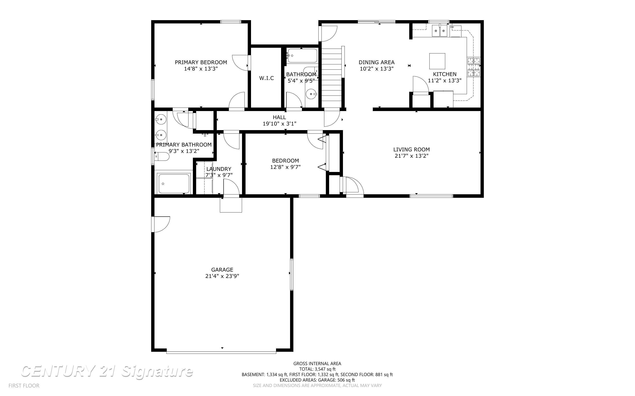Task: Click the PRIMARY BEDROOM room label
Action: (x=201, y=62)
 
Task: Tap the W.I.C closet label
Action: (x=266, y=78)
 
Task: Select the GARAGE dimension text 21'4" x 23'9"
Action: (x=222, y=276)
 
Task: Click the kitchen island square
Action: (x=437, y=61)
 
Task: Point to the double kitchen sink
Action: (x=439, y=31)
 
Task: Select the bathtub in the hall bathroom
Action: (x=302, y=56)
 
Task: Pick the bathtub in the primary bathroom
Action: (x=174, y=184)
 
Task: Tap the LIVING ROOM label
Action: (x=411, y=150)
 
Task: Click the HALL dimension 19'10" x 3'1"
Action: (x=280, y=124)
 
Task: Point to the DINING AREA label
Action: (x=376, y=62)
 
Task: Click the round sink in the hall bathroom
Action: (x=312, y=94)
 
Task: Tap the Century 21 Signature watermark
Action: (x=107, y=371)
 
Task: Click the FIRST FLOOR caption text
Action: (x=24, y=386)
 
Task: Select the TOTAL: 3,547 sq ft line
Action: (x=317, y=369)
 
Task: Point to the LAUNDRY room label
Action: (x=219, y=169)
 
